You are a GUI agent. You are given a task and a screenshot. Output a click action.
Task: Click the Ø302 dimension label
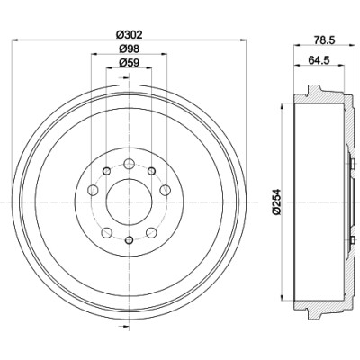(x=129, y=35)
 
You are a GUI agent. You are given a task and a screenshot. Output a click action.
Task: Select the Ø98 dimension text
(x=130, y=49)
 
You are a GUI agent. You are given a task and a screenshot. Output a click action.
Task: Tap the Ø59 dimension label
(x=130, y=62)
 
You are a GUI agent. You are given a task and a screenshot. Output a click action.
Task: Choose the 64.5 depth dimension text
(x=319, y=59)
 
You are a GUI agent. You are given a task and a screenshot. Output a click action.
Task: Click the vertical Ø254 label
(x=276, y=202)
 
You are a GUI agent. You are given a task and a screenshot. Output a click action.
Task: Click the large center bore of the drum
(x=129, y=202)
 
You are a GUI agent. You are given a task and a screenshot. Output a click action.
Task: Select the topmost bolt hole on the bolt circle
(x=129, y=164)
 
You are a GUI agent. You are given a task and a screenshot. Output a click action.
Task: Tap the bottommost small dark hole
(x=129, y=240)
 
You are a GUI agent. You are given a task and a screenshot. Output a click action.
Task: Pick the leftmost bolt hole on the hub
(x=93, y=190)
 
